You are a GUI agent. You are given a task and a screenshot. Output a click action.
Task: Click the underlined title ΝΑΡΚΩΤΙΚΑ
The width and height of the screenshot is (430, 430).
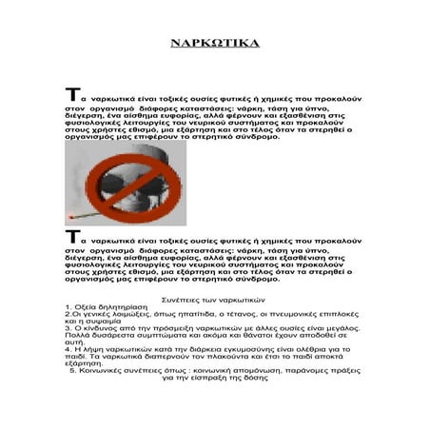pos(213,44)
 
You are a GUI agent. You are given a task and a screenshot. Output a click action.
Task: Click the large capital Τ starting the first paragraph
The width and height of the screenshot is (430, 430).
pos(70,96)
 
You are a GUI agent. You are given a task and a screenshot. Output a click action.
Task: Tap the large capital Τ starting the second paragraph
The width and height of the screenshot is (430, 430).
pos(70,236)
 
